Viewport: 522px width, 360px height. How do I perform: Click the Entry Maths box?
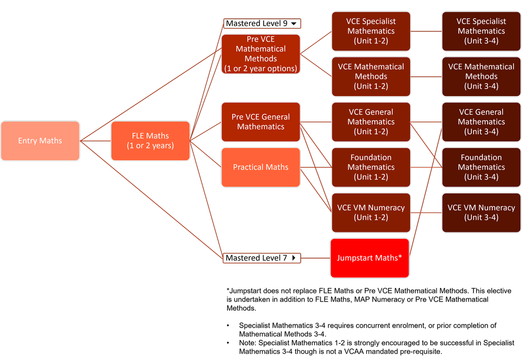coord(40,141)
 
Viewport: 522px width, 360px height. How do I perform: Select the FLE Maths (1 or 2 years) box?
coord(150,141)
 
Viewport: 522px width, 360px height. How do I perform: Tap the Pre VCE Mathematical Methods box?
coord(260,54)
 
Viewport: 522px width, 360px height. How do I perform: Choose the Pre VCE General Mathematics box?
coord(260,122)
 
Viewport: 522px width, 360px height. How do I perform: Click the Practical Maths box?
coord(260,167)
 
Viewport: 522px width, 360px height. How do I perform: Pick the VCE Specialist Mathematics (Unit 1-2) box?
coord(371,31)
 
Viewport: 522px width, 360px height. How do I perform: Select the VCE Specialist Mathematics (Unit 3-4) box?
coord(481,31)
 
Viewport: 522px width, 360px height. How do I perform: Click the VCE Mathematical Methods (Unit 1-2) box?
coord(371,76)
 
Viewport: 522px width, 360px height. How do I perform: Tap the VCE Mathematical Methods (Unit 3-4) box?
coord(481,76)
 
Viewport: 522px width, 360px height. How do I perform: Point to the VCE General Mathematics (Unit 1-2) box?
coord(371,122)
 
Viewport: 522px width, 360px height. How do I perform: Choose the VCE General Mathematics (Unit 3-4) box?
coord(481,122)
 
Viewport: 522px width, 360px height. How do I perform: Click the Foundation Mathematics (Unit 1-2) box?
coord(371,167)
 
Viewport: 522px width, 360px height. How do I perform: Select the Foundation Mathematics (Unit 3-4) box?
coord(481,167)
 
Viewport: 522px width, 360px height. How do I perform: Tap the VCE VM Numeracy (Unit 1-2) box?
coord(371,213)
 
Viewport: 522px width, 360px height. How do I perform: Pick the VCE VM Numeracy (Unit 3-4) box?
coord(481,213)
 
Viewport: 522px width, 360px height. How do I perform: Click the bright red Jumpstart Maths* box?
coord(370,258)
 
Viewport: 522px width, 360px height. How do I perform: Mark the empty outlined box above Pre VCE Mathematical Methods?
coord(262,24)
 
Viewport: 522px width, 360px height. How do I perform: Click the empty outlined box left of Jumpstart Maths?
coord(262,258)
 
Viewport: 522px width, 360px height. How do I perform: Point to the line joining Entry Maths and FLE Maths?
coord(96,141)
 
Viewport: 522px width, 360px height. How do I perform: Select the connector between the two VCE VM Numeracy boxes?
coord(426,213)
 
